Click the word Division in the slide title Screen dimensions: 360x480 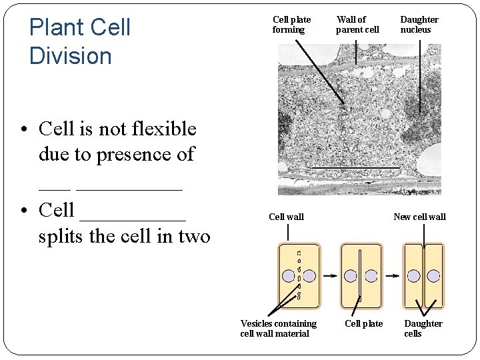click(x=71, y=55)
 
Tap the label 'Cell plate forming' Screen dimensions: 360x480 click(x=291, y=25)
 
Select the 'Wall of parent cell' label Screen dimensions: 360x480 click(x=357, y=25)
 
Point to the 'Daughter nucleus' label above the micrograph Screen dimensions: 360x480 click(x=419, y=25)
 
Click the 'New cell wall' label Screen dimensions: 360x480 click(x=419, y=217)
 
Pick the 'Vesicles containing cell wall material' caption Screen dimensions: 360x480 click(x=278, y=328)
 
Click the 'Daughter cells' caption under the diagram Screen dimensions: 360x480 click(x=423, y=328)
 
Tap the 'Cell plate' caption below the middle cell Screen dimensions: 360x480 click(x=363, y=323)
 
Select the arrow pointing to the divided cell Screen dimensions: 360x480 click(x=393, y=275)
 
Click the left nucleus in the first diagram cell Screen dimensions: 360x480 click(x=288, y=276)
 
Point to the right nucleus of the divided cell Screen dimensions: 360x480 click(x=433, y=276)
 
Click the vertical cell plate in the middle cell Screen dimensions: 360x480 click(x=360, y=275)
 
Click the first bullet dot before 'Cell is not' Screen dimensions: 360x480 click(x=24, y=129)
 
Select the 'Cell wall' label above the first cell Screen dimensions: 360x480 click(x=286, y=217)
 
